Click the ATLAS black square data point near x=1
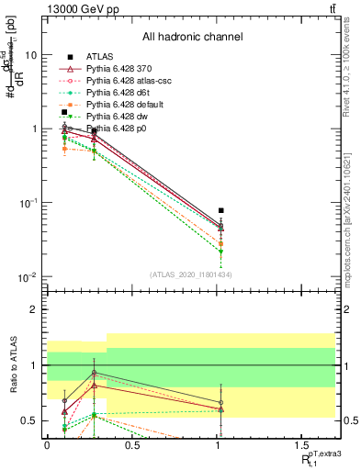[220, 210]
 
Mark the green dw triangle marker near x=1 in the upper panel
[220, 251]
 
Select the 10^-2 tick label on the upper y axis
[28, 277]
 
